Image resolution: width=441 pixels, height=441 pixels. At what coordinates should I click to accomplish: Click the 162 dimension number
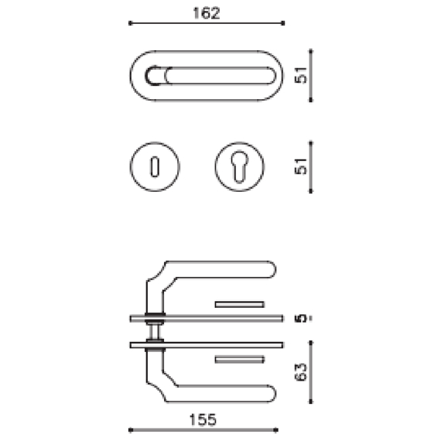pos(205,13)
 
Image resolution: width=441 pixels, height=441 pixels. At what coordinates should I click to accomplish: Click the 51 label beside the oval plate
pos(303,74)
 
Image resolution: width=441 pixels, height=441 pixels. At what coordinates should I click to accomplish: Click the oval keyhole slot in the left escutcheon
pos(152,166)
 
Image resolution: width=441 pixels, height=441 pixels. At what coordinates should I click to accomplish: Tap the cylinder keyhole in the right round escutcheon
pos(238,166)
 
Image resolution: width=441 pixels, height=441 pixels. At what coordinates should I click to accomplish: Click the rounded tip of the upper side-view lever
pos(271,270)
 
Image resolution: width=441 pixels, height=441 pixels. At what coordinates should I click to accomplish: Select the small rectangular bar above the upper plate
pos(240,303)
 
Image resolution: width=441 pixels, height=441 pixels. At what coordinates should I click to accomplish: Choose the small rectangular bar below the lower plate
pos(240,359)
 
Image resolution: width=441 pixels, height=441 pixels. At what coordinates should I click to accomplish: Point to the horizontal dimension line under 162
pos(205,24)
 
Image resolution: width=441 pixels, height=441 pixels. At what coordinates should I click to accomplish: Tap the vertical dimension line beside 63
pos(311,374)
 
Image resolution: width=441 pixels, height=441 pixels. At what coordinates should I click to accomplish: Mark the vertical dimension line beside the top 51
pos(311,74)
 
